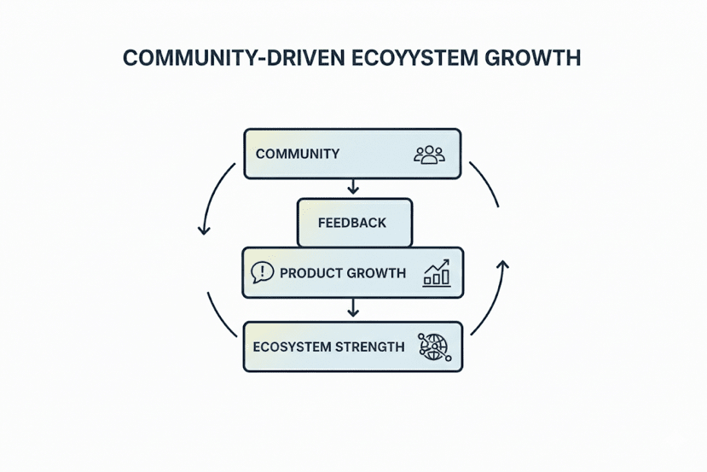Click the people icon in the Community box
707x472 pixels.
(x=429, y=154)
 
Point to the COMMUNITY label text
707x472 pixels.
(x=298, y=154)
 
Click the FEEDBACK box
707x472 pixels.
(x=352, y=223)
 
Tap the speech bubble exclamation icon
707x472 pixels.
(x=263, y=272)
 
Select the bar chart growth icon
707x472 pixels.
(x=437, y=274)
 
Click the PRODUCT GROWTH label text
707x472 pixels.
(x=343, y=273)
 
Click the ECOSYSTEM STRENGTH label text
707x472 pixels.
(x=329, y=347)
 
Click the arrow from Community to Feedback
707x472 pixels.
(x=353, y=187)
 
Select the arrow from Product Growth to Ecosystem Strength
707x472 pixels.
(x=353, y=309)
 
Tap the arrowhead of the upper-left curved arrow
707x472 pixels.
(x=203, y=229)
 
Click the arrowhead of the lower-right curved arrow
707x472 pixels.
(x=502, y=265)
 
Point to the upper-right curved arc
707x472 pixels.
(x=486, y=181)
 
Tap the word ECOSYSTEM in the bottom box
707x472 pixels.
(x=289, y=347)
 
